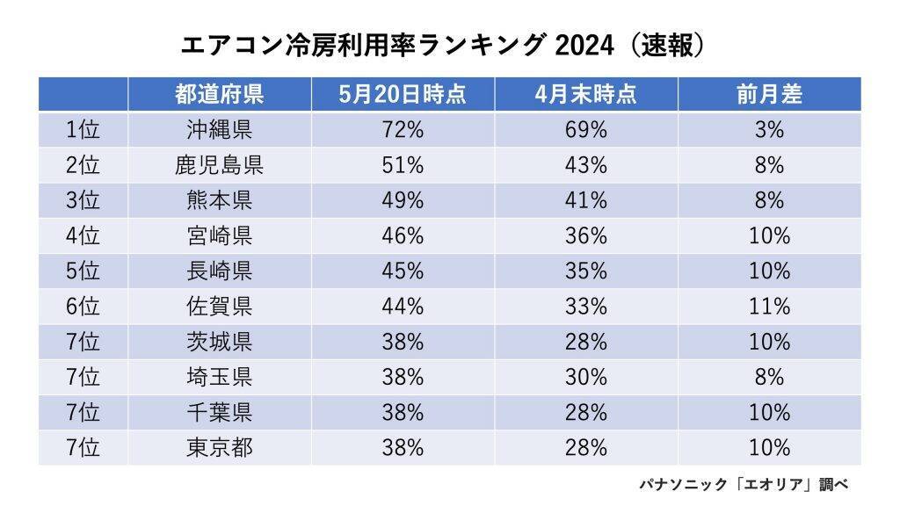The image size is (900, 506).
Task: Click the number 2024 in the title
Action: tap(584, 46)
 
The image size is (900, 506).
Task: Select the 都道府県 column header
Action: tap(219, 94)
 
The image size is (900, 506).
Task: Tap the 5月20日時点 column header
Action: tap(403, 94)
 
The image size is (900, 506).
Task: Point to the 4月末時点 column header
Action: tap(585, 94)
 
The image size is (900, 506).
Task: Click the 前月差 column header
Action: tap(769, 94)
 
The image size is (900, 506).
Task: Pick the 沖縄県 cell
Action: tap(219, 130)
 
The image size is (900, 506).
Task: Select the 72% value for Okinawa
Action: tap(403, 130)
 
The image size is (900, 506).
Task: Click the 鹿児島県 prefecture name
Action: tap(219, 165)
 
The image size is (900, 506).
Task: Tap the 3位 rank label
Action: tap(83, 200)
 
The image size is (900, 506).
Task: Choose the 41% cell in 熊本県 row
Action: tap(585, 200)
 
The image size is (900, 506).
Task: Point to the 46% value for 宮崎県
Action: tap(403, 235)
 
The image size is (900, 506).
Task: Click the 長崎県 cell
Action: tap(219, 271)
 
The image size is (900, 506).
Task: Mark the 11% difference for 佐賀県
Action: tap(769, 307)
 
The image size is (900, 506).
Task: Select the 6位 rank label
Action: tap(83, 307)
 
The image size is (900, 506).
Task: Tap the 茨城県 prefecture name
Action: tap(219, 342)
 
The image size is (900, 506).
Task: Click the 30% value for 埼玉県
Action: tap(585, 377)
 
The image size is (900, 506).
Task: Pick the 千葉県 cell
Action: tap(219, 413)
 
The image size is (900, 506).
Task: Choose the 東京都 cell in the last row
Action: tap(219, 447)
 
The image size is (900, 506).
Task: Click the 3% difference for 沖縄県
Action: tap(769, 130)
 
